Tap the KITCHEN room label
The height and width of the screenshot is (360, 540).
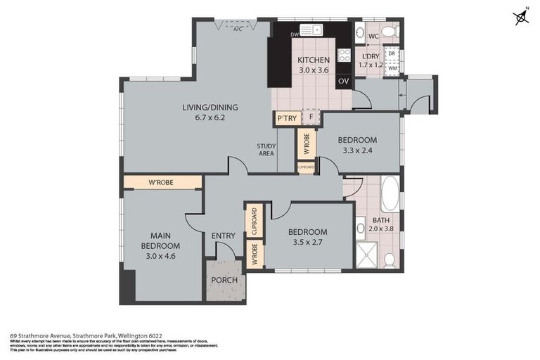313,60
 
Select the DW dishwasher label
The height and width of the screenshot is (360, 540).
295,33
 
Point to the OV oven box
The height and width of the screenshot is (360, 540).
343,81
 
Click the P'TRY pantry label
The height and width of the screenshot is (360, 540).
286,118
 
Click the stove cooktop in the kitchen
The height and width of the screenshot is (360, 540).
344,55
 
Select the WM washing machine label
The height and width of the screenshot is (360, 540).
392,67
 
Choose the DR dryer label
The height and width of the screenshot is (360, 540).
392,53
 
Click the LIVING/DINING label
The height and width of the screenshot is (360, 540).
210,107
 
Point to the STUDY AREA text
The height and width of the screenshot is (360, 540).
266,150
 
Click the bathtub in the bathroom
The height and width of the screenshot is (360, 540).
390,193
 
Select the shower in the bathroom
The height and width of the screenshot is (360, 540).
366,255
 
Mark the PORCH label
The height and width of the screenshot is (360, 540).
225,280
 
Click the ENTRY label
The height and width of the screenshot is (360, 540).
223,235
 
